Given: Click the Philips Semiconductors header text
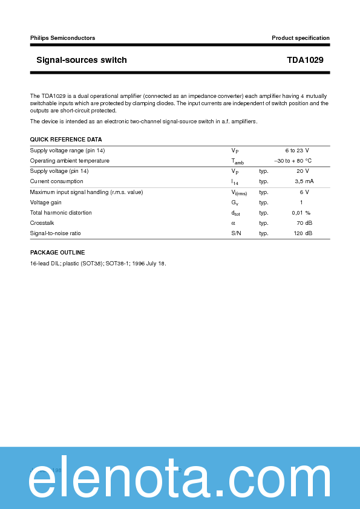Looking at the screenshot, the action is pyautogui.click(x=62, y=38).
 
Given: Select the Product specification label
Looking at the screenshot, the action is pyautogui.click(x=301, y=38).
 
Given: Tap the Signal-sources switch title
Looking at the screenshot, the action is pyautogui.click(x=82, y=60).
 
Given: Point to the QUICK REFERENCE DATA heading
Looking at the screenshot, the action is pyautogui.click(x=66, y=140).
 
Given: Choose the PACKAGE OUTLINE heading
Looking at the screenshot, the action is pyautogui.click(x=57, y=253).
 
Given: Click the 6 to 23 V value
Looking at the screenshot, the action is pyautogui.click(x=297, y=151).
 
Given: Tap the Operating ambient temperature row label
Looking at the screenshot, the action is pyautogui.click(x=70, y=161).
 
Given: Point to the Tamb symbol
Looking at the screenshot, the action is pyautogui.click(x=237, y=161).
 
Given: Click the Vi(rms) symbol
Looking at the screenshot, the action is pyautogui.click(x=239, y=192).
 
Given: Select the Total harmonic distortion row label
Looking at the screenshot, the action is pyautogui.click(x=61, y=213).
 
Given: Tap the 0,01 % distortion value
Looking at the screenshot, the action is pyautogui.click(x=301, y=213).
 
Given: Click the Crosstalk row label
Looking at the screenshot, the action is pyautogui.click(x=42, y=223).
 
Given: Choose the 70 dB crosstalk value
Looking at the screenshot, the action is pyautogui.click(x=304, y=223).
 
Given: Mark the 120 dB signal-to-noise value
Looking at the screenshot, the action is pyautogui.click(x=303, y=233).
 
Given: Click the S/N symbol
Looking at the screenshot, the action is pyautogui.click(x=236, y=233).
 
